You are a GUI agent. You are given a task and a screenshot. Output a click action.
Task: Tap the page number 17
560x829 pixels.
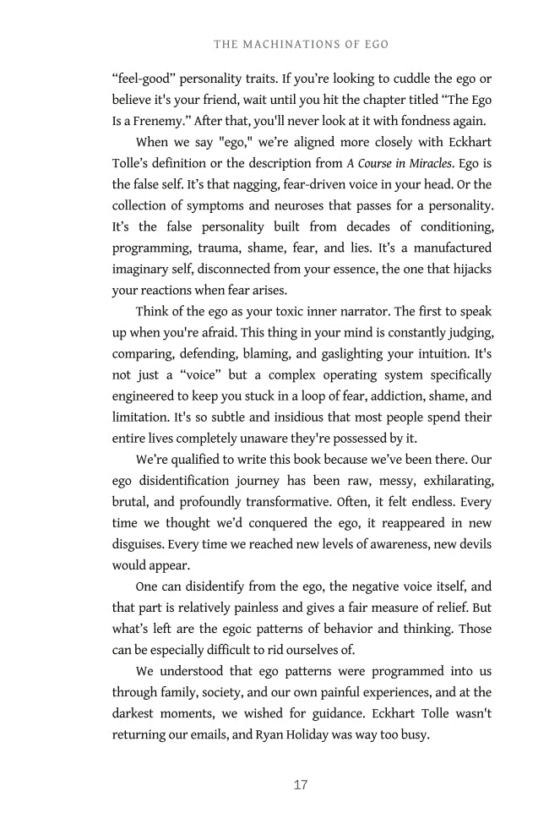pyautogui.click(x=301, y=785)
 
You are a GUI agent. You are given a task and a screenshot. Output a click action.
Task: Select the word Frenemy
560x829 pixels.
pyautogui.click(x=153, y=121)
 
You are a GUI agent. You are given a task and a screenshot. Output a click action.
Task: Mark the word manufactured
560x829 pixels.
pyautogui.click(x=447, y=248)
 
